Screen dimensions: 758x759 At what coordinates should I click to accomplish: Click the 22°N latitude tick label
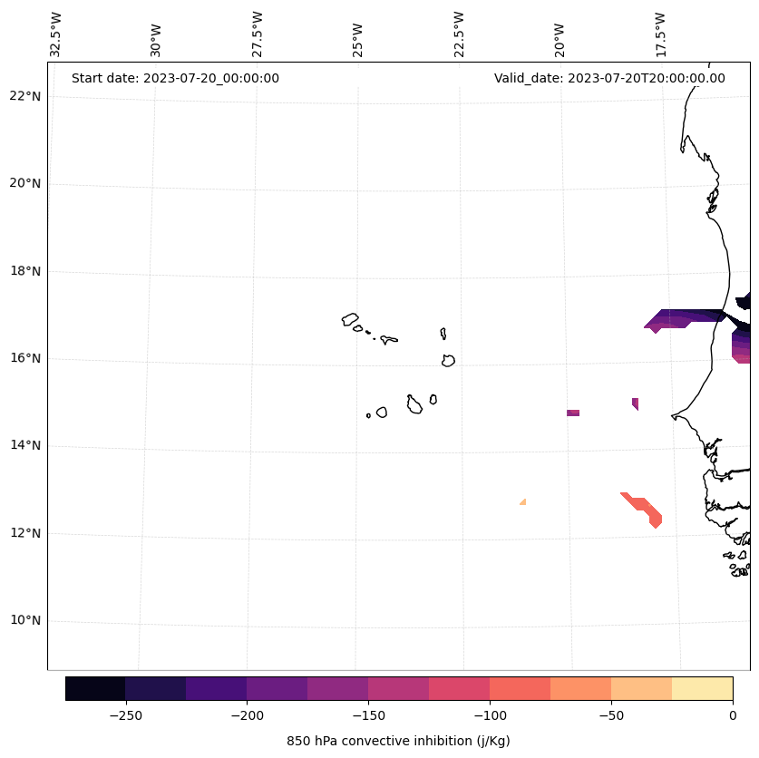(x=25, y=96)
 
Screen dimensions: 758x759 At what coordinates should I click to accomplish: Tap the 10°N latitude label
(x=25, y=620)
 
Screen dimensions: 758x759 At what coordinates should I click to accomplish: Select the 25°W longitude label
(x=358, y=35)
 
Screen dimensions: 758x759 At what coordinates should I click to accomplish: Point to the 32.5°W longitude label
(x=56, y=35)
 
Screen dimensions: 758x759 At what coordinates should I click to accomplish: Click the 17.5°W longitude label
(x=660, y=35)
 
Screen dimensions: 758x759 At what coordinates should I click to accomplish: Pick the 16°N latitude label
(x=25, y=358)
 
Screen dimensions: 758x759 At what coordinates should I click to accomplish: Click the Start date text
(x=175, y=78)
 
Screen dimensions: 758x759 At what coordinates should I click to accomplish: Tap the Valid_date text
(x=609, y=78)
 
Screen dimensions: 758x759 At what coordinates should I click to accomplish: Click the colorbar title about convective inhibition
(x=398, y=741)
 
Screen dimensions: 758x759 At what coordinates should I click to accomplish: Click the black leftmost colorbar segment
(x=95, y=688)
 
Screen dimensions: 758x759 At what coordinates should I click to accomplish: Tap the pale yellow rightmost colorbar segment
(x=702, y=688)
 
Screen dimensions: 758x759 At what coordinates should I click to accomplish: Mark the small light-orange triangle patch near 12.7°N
(x=523, y=501)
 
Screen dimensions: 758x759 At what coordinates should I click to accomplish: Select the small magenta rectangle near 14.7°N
(x=573, y=413)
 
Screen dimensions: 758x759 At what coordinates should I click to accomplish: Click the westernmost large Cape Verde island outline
(x=350, y=319)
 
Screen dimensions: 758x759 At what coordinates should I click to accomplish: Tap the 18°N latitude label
(x=25, y=271)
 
